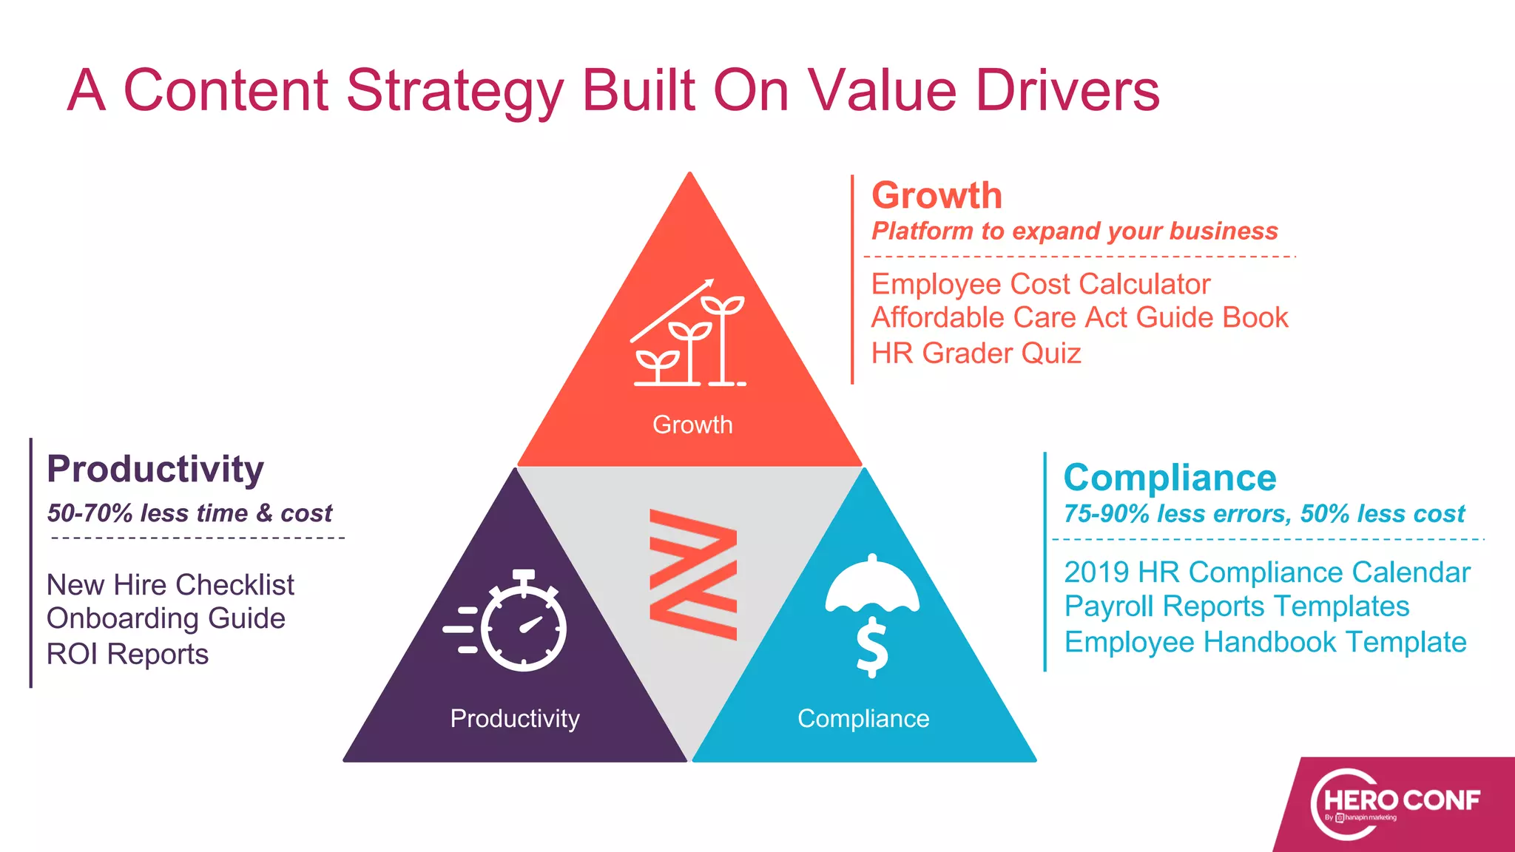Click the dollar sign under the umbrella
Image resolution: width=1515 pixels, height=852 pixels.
click(872, 646)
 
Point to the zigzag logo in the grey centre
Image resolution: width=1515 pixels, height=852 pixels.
click(693, 574)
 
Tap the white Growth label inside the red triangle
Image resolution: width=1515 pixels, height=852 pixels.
click(692, 425)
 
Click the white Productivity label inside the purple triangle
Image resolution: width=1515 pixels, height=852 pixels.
click(515, 718)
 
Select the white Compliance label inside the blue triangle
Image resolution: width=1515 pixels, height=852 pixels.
click(863, 718)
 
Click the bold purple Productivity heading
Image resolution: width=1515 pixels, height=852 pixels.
click(155, 469)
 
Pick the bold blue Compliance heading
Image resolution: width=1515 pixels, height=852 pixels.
click(1170, 478)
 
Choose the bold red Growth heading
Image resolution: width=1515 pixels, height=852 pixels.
click(937, 196)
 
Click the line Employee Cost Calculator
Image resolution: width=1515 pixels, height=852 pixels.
click(1040, 284)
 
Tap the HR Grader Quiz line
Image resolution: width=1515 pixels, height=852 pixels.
click(976, 354)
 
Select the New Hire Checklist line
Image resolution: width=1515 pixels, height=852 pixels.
click(170, 585)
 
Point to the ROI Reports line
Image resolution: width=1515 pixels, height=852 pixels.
click(127, 655)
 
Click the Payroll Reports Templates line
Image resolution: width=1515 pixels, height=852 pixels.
click(1236, 606)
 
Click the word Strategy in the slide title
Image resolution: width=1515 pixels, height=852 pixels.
click(455, 92)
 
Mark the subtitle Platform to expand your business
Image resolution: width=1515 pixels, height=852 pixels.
click(1074, 231)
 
